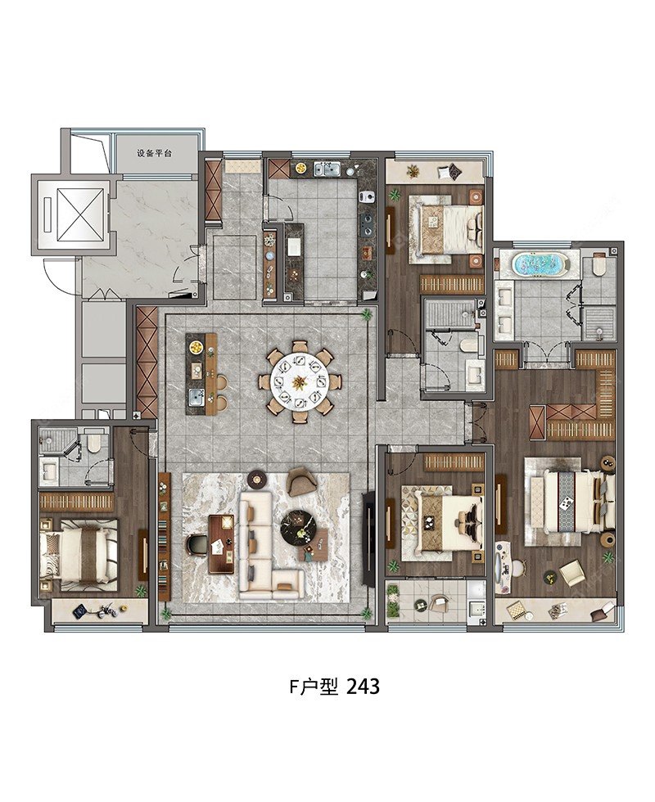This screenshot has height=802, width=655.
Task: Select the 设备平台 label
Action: tap(154, 153)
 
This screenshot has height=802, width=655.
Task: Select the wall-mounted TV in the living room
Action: tap(368, 538)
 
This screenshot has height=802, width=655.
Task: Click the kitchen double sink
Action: tap(327, 169)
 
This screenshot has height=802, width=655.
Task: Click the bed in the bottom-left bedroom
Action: tap(79, 555)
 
